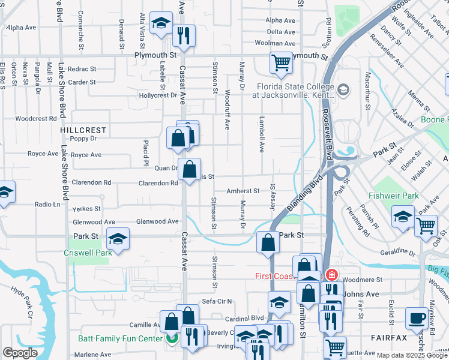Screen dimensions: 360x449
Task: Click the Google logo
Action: coord(20,353)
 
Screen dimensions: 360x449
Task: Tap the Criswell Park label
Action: coord(88,253)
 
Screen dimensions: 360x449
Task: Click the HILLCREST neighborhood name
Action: coord(83,130)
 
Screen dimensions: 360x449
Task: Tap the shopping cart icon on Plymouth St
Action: coord(280,63)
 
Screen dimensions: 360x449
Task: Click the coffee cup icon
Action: coord(417,319)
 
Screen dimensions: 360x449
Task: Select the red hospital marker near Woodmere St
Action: coord(332,276)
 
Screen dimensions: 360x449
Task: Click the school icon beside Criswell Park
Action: coord(118,239)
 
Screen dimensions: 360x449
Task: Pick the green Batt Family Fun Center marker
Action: coord(172,338)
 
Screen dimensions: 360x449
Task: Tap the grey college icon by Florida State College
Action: coord(343,91)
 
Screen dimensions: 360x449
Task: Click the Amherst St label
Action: coord(243,191)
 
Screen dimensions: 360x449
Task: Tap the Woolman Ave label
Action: coord(282,43)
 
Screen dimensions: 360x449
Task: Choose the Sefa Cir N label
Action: coord(217,301)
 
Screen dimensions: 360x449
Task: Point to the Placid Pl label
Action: coord(145,154)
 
